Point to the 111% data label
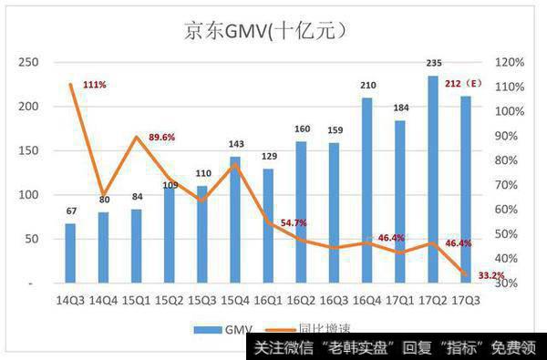[x=94, y=84]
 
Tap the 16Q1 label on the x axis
[x=268, y=298]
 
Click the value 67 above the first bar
[x=69, y=212]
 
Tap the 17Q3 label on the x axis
[x=467, y=298]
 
